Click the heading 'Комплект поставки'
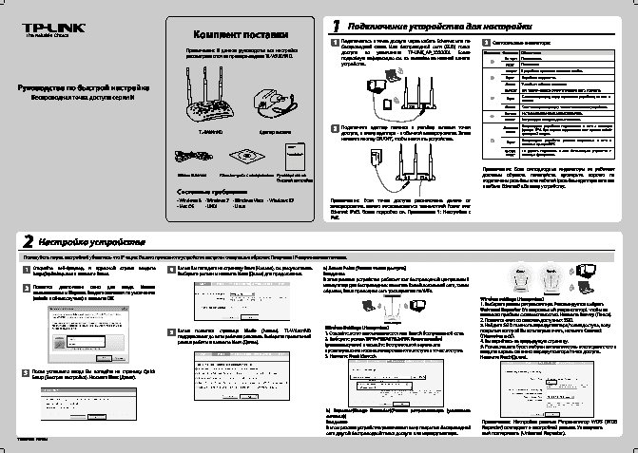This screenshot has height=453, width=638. tap(234, 34)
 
